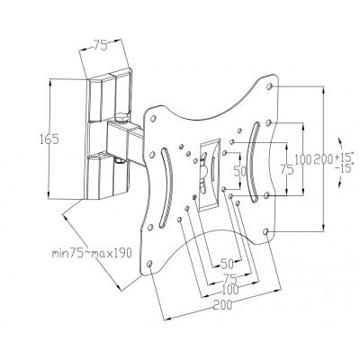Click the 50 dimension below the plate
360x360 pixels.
[228, 265]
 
